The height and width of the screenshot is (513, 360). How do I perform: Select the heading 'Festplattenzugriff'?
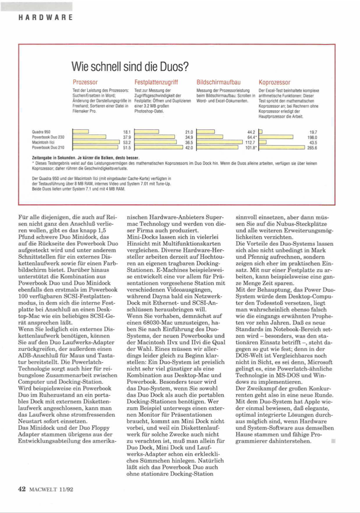tap(157, 82)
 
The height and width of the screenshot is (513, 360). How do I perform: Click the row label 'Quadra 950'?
tap(42, 132)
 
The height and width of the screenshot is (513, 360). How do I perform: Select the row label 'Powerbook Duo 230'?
tap(48, 137)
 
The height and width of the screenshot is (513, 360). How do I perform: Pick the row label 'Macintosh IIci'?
tap(43, 142)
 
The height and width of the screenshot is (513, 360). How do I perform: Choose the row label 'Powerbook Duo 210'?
tap(48, 147)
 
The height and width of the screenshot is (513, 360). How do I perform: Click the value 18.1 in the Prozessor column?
tap(126, 132)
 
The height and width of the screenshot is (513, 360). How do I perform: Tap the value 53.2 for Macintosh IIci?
tap(126, 142)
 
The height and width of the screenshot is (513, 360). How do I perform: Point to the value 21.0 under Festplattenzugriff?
tap(189, 132)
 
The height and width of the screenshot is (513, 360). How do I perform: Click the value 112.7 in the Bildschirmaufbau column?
tap(251, 142)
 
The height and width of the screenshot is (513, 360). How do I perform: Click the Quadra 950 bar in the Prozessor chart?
tap(81, 132)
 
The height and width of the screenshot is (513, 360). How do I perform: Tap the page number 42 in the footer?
tap(22, 489)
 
